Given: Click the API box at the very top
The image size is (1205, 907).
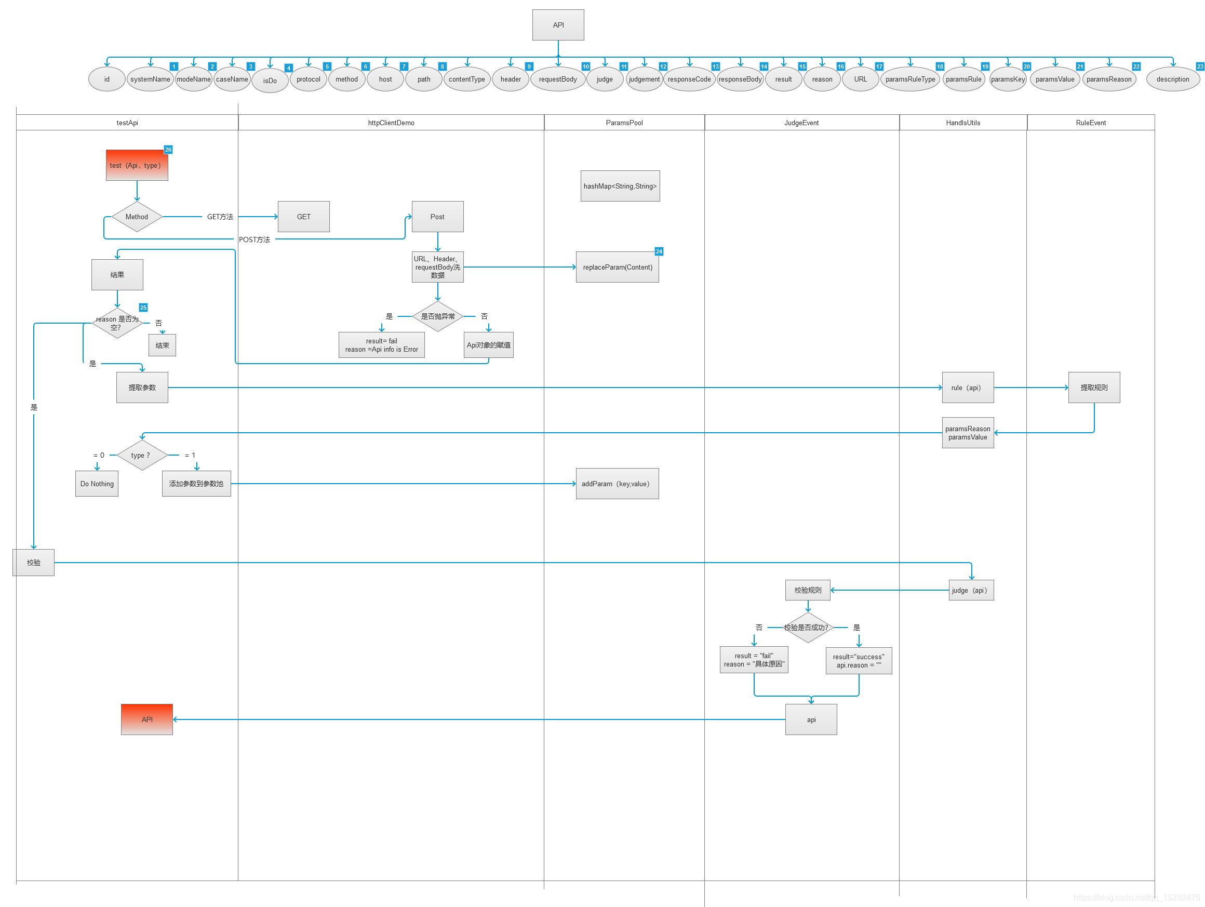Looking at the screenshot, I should (x=558, y=25).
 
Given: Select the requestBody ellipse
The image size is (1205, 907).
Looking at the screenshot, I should (x=557, y=79).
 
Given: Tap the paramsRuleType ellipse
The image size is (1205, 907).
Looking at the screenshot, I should (x=910, y=79).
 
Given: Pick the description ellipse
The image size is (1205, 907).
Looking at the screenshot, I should (x=1172, y=79).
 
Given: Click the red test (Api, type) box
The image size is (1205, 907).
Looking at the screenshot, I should (x=137, y=165).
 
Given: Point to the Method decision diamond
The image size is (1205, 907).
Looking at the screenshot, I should (x=137, y=217).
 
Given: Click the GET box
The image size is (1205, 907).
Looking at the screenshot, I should (x=303, y=217).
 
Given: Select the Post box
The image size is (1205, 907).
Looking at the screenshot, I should (x=437, y=217).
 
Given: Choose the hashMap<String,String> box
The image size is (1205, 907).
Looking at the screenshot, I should (x=620, y=186).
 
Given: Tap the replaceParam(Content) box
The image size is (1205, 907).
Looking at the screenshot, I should (x=617, y=267).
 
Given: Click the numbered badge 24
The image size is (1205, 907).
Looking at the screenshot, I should (x=659, y=251).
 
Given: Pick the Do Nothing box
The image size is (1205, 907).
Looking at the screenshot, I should (x=97, y=484).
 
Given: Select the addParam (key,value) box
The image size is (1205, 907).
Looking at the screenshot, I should (x=617, y=484).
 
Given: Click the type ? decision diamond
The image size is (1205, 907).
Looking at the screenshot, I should (x=142, y=456).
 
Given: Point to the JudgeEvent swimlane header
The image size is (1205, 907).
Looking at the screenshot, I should (x=801, y=123).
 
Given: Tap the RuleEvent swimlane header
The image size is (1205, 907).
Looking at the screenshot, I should (x=1091, y=123).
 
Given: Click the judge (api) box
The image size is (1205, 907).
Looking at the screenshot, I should (x=971, y=590).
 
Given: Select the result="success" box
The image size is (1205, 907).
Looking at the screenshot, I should (x=859, y=661).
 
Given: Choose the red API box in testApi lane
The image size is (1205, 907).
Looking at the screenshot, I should (x=147, y=719).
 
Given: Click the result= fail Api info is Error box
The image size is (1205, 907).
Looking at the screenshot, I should (x=381, y=345).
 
